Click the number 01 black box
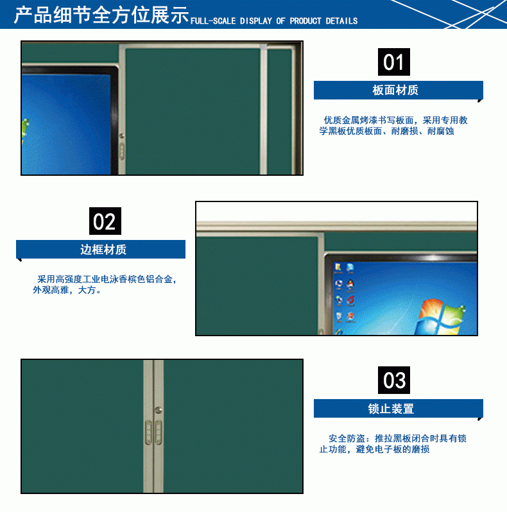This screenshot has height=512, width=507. tap(393, 62)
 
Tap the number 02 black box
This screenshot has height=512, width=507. tap(104, 221)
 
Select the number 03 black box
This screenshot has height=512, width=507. tap(393, 380)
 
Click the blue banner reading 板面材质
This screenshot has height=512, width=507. tap(397, 90)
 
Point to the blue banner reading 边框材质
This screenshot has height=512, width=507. tap(101, 250)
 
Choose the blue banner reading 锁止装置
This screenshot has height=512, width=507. tap(397, 409)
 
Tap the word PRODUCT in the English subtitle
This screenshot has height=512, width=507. tap(305, 21)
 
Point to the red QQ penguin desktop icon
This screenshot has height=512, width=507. tap(350, 284)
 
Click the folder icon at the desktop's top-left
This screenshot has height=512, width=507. tap(338, 268)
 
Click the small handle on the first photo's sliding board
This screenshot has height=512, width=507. tap(122, 151)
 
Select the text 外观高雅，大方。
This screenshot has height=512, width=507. tap(67, 290)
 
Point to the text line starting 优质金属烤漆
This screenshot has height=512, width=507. tap(395, 120)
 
